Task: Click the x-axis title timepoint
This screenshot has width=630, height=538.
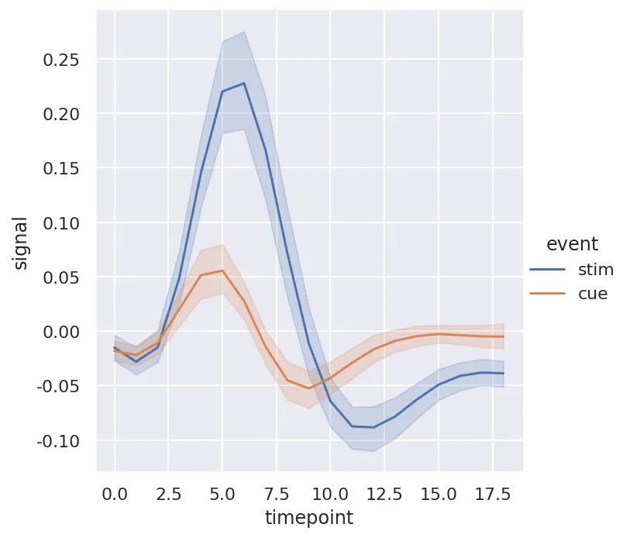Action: pos(309,517)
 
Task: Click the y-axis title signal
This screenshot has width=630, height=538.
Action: pos(22,243)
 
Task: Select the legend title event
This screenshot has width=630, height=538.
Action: pos(572,244)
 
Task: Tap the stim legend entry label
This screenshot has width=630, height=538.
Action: pos(596,270)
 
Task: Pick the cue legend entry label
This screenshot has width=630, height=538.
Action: pos(593,294)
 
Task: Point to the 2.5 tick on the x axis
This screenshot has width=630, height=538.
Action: pos(168,493)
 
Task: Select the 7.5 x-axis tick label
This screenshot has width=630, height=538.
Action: pos(276,493)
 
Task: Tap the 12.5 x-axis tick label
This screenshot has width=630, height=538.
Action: pos(384,493)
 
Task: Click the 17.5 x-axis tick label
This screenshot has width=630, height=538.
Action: pos(491,493)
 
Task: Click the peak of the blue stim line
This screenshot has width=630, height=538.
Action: pos(244,83)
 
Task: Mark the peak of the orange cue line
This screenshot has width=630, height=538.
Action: pos(222,271)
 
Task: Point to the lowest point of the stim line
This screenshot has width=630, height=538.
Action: pos(374,427)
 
